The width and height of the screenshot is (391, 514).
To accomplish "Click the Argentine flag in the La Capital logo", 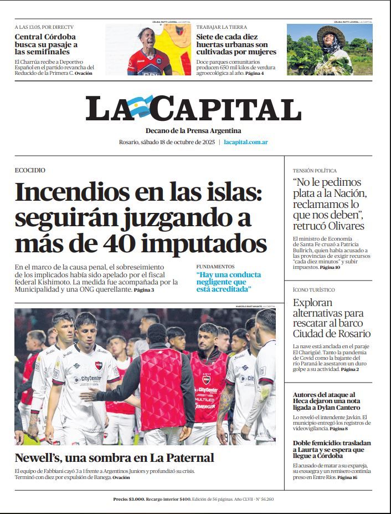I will coord(141,106).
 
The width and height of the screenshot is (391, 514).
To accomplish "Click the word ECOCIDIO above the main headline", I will coord(30,170).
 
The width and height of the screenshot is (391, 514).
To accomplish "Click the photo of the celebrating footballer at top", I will coord(148,49).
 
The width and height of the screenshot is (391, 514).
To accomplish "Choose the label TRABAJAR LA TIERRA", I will coord(222,27).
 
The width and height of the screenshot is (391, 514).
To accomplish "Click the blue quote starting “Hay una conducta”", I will coord(228,282).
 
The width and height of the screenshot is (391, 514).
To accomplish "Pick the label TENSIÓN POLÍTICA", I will coord(315,171).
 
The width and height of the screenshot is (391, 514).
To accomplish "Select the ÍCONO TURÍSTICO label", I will coord(313,290).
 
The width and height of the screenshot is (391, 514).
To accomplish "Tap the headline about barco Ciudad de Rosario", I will coord(331,318).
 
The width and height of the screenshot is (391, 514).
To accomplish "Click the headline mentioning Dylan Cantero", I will coord(331,401).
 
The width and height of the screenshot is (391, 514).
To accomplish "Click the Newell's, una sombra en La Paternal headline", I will coord(114,457).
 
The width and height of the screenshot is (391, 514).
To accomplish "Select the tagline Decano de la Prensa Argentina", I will coord(193,131).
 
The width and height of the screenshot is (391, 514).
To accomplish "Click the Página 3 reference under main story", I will coord(143,290).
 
